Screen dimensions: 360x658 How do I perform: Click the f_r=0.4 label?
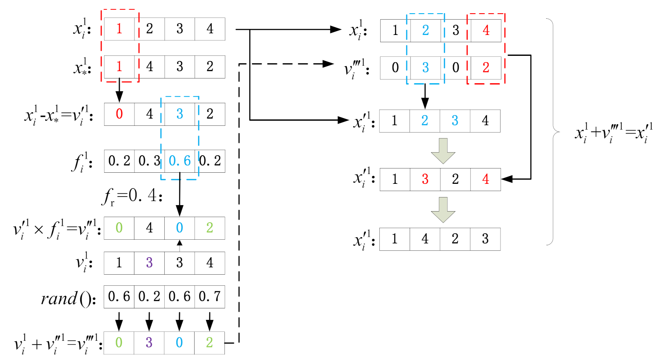132,196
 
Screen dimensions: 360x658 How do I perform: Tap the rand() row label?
68,298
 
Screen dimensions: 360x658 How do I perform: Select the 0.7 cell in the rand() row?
210,296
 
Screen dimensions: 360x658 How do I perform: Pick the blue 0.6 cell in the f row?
180,161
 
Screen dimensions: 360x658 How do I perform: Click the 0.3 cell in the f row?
149,161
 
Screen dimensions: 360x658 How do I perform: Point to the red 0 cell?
119,114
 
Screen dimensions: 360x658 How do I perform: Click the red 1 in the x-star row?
119,67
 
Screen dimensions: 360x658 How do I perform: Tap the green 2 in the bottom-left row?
210,343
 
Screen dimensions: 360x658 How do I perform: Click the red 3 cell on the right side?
425,179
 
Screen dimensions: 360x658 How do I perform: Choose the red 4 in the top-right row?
486,30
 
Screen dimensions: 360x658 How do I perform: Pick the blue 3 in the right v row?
425,68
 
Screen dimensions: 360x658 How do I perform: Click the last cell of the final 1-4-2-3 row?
485,239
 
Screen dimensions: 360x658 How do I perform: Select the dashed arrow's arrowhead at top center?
328,64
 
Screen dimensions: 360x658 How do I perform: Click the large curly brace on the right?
553,132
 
